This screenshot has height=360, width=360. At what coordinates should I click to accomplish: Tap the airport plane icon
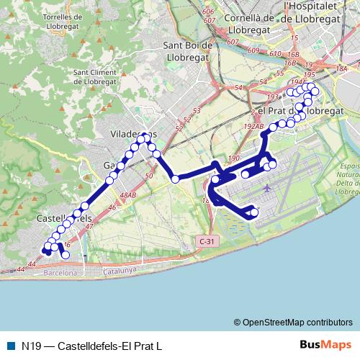coord(268,188)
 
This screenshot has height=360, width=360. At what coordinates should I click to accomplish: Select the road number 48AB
coord(128,195)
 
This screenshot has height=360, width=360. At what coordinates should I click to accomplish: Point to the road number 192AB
coord(254,126)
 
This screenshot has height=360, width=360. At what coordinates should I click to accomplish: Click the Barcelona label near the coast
coord(60,274)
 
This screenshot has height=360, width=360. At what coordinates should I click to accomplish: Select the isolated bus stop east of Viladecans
coord(175,179)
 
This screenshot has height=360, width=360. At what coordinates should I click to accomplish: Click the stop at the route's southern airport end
coord(253,212)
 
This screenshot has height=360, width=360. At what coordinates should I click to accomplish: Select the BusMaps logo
coord(325,345)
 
